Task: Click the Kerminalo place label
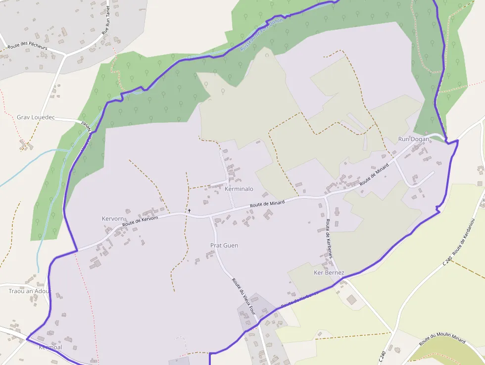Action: click(239, 189)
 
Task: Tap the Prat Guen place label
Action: click(224, 246)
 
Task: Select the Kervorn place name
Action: click(113, 219)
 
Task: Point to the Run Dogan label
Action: click(414, 140)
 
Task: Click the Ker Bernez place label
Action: click(329, 273)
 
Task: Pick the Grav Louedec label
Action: click(36, 118)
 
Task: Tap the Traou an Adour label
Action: click(30, 291)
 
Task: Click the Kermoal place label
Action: click(50, 348)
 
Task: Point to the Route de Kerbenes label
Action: click(328, 239)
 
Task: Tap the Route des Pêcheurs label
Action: click(27, 48)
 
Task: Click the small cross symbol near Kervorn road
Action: click(189, 211)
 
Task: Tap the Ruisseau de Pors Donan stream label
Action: click(261, 34)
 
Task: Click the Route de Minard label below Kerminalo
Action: click(267, 204)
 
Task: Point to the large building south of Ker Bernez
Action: click(351, 300)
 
